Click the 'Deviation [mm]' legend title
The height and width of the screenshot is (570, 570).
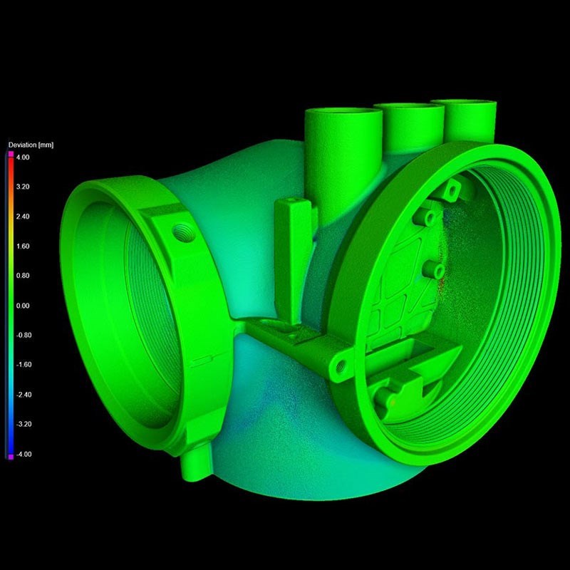tap(31, 145)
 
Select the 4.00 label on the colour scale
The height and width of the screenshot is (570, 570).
tap(23, 157)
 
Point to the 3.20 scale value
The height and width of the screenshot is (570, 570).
tap(23, 187)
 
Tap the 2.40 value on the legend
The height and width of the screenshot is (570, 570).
tap(23, 217)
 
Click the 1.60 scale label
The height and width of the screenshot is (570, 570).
tap(23, 247)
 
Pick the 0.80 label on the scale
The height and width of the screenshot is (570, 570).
tap(23, 276)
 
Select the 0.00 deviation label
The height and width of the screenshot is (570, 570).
tap(23, 306)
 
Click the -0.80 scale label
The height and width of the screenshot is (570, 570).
tap(24, 335)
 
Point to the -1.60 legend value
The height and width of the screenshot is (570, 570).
tap(24, 365)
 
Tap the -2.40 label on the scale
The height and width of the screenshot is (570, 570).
tap(24, 395)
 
